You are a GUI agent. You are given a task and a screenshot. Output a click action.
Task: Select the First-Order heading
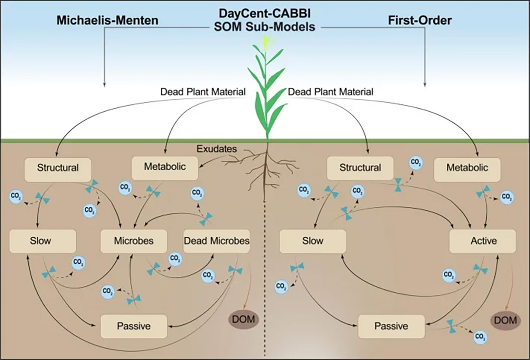tap(419, 20)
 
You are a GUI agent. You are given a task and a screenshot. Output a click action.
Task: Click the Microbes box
tap(133, 241)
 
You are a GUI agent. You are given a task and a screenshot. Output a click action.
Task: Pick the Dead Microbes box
tap(216, 241)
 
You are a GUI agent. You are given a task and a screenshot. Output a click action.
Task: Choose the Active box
tap(482, 241)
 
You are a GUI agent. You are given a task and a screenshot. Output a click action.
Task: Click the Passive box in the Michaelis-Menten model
tap(134, 326)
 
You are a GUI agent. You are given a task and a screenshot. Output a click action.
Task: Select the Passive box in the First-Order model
tap(391, 326)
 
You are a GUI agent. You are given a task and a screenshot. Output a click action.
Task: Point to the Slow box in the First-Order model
tap(312, 241)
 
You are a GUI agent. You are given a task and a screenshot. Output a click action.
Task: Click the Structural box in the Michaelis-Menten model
tap(58, 168)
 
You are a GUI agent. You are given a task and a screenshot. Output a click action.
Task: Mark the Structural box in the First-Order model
tap(360, 168)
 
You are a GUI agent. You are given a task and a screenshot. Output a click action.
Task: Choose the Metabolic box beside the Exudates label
tap(165, 167)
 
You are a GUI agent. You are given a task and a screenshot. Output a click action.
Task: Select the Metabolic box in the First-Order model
tap(467, 168)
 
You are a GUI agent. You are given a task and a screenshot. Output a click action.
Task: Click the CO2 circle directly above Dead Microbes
tap(197, 193)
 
